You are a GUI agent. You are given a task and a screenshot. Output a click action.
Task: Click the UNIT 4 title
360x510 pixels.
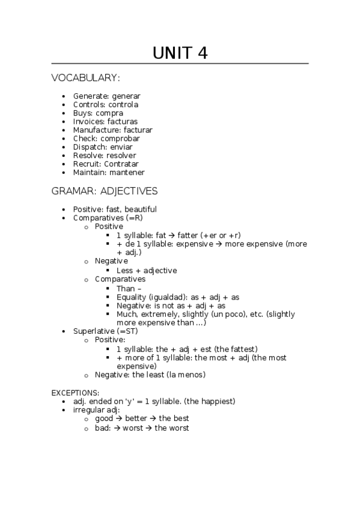(180, 53)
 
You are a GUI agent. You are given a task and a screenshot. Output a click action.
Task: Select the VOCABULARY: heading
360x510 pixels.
(85, 78)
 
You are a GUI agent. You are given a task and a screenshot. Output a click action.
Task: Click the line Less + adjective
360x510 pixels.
(147, 271)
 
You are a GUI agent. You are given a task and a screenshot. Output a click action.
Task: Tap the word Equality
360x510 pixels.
(132, 297)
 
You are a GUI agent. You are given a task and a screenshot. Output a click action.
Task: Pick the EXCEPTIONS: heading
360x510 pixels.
(75, 392)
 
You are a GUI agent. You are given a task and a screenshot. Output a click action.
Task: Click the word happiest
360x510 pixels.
(217, 401)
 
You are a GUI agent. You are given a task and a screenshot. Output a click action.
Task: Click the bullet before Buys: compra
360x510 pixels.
(64, 113)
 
